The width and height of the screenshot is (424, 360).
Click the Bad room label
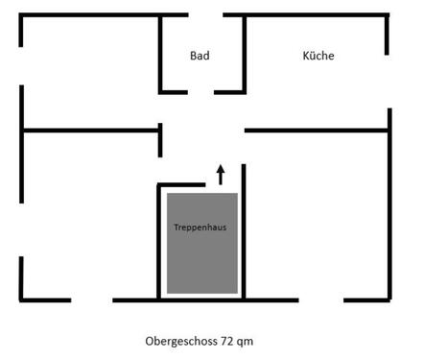200,56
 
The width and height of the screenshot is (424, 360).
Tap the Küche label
318,56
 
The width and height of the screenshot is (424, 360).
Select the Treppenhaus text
200,228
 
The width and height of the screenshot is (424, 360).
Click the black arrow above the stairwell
220,174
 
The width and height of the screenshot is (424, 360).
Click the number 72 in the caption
226,341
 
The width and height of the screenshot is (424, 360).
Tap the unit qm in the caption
246,341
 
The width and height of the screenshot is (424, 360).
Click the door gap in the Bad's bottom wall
200,91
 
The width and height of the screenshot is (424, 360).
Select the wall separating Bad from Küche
244,53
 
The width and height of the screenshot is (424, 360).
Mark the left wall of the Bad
160,53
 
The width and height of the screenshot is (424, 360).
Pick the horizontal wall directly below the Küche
317,130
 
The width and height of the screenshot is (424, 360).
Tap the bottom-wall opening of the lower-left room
92,300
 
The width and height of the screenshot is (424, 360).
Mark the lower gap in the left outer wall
21,230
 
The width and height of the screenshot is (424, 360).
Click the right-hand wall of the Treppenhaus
245,230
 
